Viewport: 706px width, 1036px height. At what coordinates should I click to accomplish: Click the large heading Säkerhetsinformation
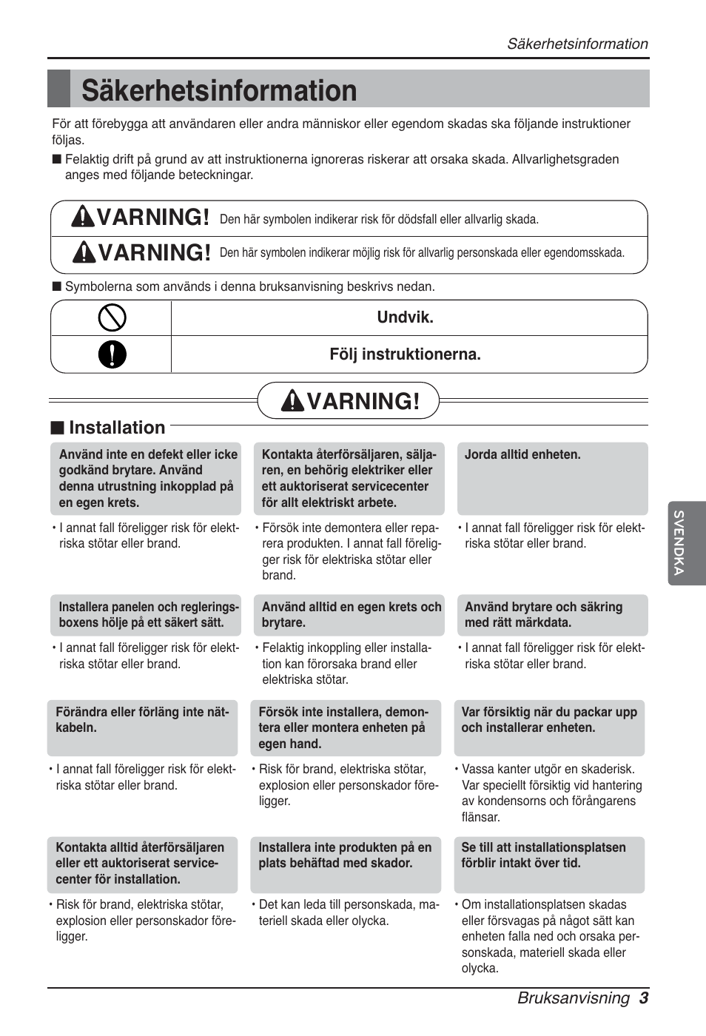click(x=219, y=90)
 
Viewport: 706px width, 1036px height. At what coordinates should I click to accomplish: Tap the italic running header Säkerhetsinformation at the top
click(x=576, y=44)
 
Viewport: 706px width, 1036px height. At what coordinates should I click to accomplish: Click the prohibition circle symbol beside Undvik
click(x=112, y=318)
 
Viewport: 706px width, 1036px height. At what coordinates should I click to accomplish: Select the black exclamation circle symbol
click(x=112, y=354)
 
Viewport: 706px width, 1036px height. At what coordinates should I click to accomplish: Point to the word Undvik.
click(x=405, y=317)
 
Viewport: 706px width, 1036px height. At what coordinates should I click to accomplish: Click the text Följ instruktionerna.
click(x=405, y=354)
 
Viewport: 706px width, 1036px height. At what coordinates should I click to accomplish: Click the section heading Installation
click(x=116, y=428)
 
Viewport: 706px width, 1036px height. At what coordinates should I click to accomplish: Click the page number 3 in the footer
click(x=644, y=998)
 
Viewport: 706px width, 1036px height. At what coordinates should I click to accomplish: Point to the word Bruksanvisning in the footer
click(x=573, y=998)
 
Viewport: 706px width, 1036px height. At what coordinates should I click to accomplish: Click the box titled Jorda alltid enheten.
click(x=552, y=478)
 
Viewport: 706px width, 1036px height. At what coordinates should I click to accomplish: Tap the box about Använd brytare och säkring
click(x=552, y=615)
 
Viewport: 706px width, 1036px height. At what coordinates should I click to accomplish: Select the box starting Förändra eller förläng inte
click(x=143, y=727)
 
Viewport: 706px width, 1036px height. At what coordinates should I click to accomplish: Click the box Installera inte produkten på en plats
click(x=346, y=864)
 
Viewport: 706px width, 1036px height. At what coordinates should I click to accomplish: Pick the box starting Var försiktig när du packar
click(x=549, y=727)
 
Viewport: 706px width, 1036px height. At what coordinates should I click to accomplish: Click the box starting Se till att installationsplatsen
click(x=549, y=864)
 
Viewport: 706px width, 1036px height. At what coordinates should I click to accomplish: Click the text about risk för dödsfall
click(x=379, y=219)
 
